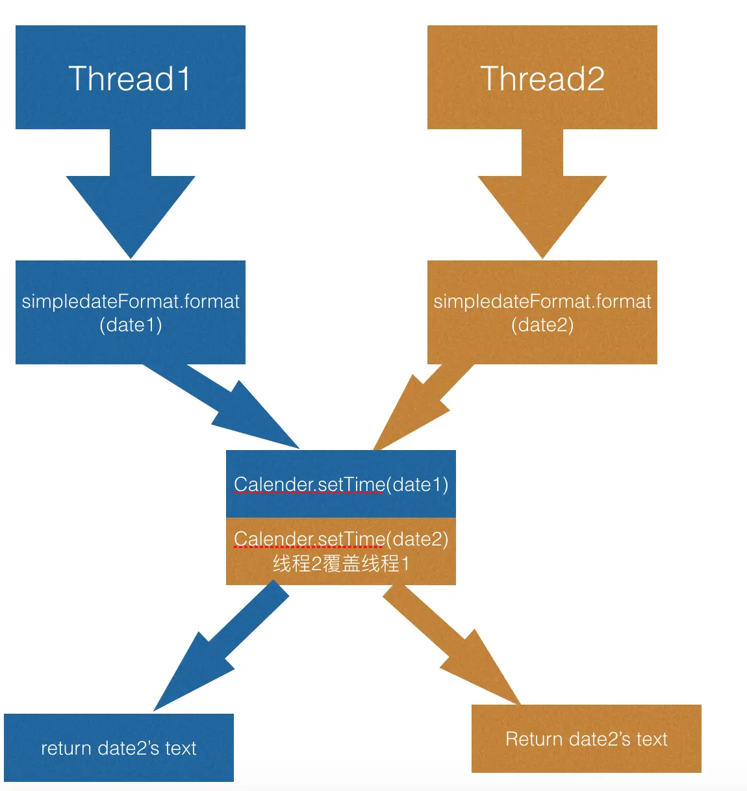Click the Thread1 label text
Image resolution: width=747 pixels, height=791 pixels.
point(130,79)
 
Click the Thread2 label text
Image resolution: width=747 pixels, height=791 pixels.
point(542,79)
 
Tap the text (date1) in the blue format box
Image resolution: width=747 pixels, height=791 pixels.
point(131,325)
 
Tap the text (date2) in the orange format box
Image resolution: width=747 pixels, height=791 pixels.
point(542,325)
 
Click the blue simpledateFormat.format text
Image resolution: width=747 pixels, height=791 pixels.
point(131,301)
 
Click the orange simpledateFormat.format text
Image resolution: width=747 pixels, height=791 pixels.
point(542,301)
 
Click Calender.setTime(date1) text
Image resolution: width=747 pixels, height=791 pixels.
point(341,484)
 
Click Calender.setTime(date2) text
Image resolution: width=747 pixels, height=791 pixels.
point(341,539)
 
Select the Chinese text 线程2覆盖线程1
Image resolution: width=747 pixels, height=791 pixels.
point(341,563)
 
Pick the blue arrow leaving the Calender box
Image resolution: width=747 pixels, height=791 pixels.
point(214,649)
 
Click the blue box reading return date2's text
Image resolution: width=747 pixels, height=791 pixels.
point(119,748)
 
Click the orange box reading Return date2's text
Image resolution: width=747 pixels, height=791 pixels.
point(587,739)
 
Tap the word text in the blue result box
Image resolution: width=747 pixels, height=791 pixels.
point(181,748)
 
